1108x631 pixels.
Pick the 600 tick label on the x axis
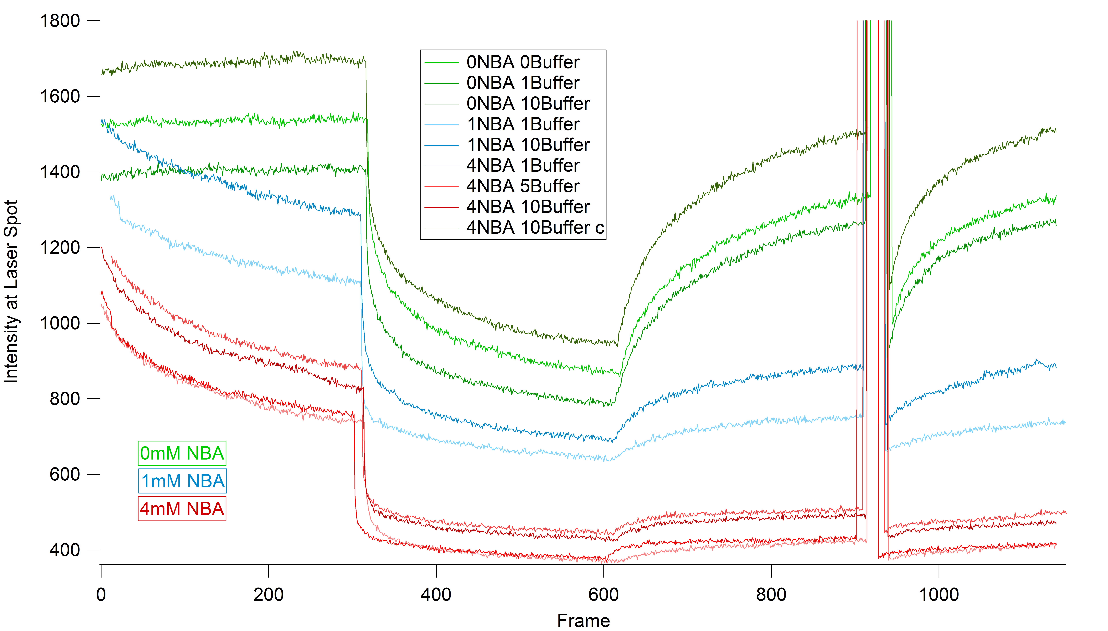603,595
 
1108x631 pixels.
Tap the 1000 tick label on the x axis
938,595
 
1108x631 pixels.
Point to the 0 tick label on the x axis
101,595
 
